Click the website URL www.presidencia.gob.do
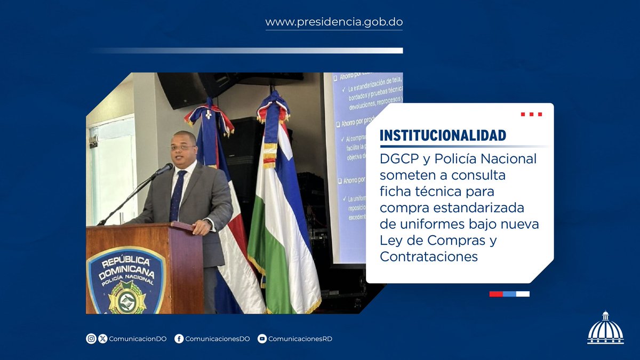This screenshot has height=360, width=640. [x=334, y=22]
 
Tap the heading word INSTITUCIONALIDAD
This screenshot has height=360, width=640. [x=443, y=135]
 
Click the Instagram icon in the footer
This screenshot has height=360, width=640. [x=91, y=339]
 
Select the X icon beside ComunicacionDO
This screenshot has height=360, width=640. [x=103, y=339]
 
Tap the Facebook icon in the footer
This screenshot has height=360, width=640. [x=179, y=339]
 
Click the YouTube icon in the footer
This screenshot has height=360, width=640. [x=262, y=339]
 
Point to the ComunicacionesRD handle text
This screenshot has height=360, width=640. [x=300, y=339]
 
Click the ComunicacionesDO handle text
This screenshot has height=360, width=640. [x=217, y=339]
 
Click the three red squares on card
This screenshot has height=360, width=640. [x=531, y=114]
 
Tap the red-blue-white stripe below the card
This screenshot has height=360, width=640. [x=509, y=294]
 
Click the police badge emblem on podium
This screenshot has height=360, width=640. [x=126, y=283]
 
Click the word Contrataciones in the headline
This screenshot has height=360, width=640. [x=429, y=257]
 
